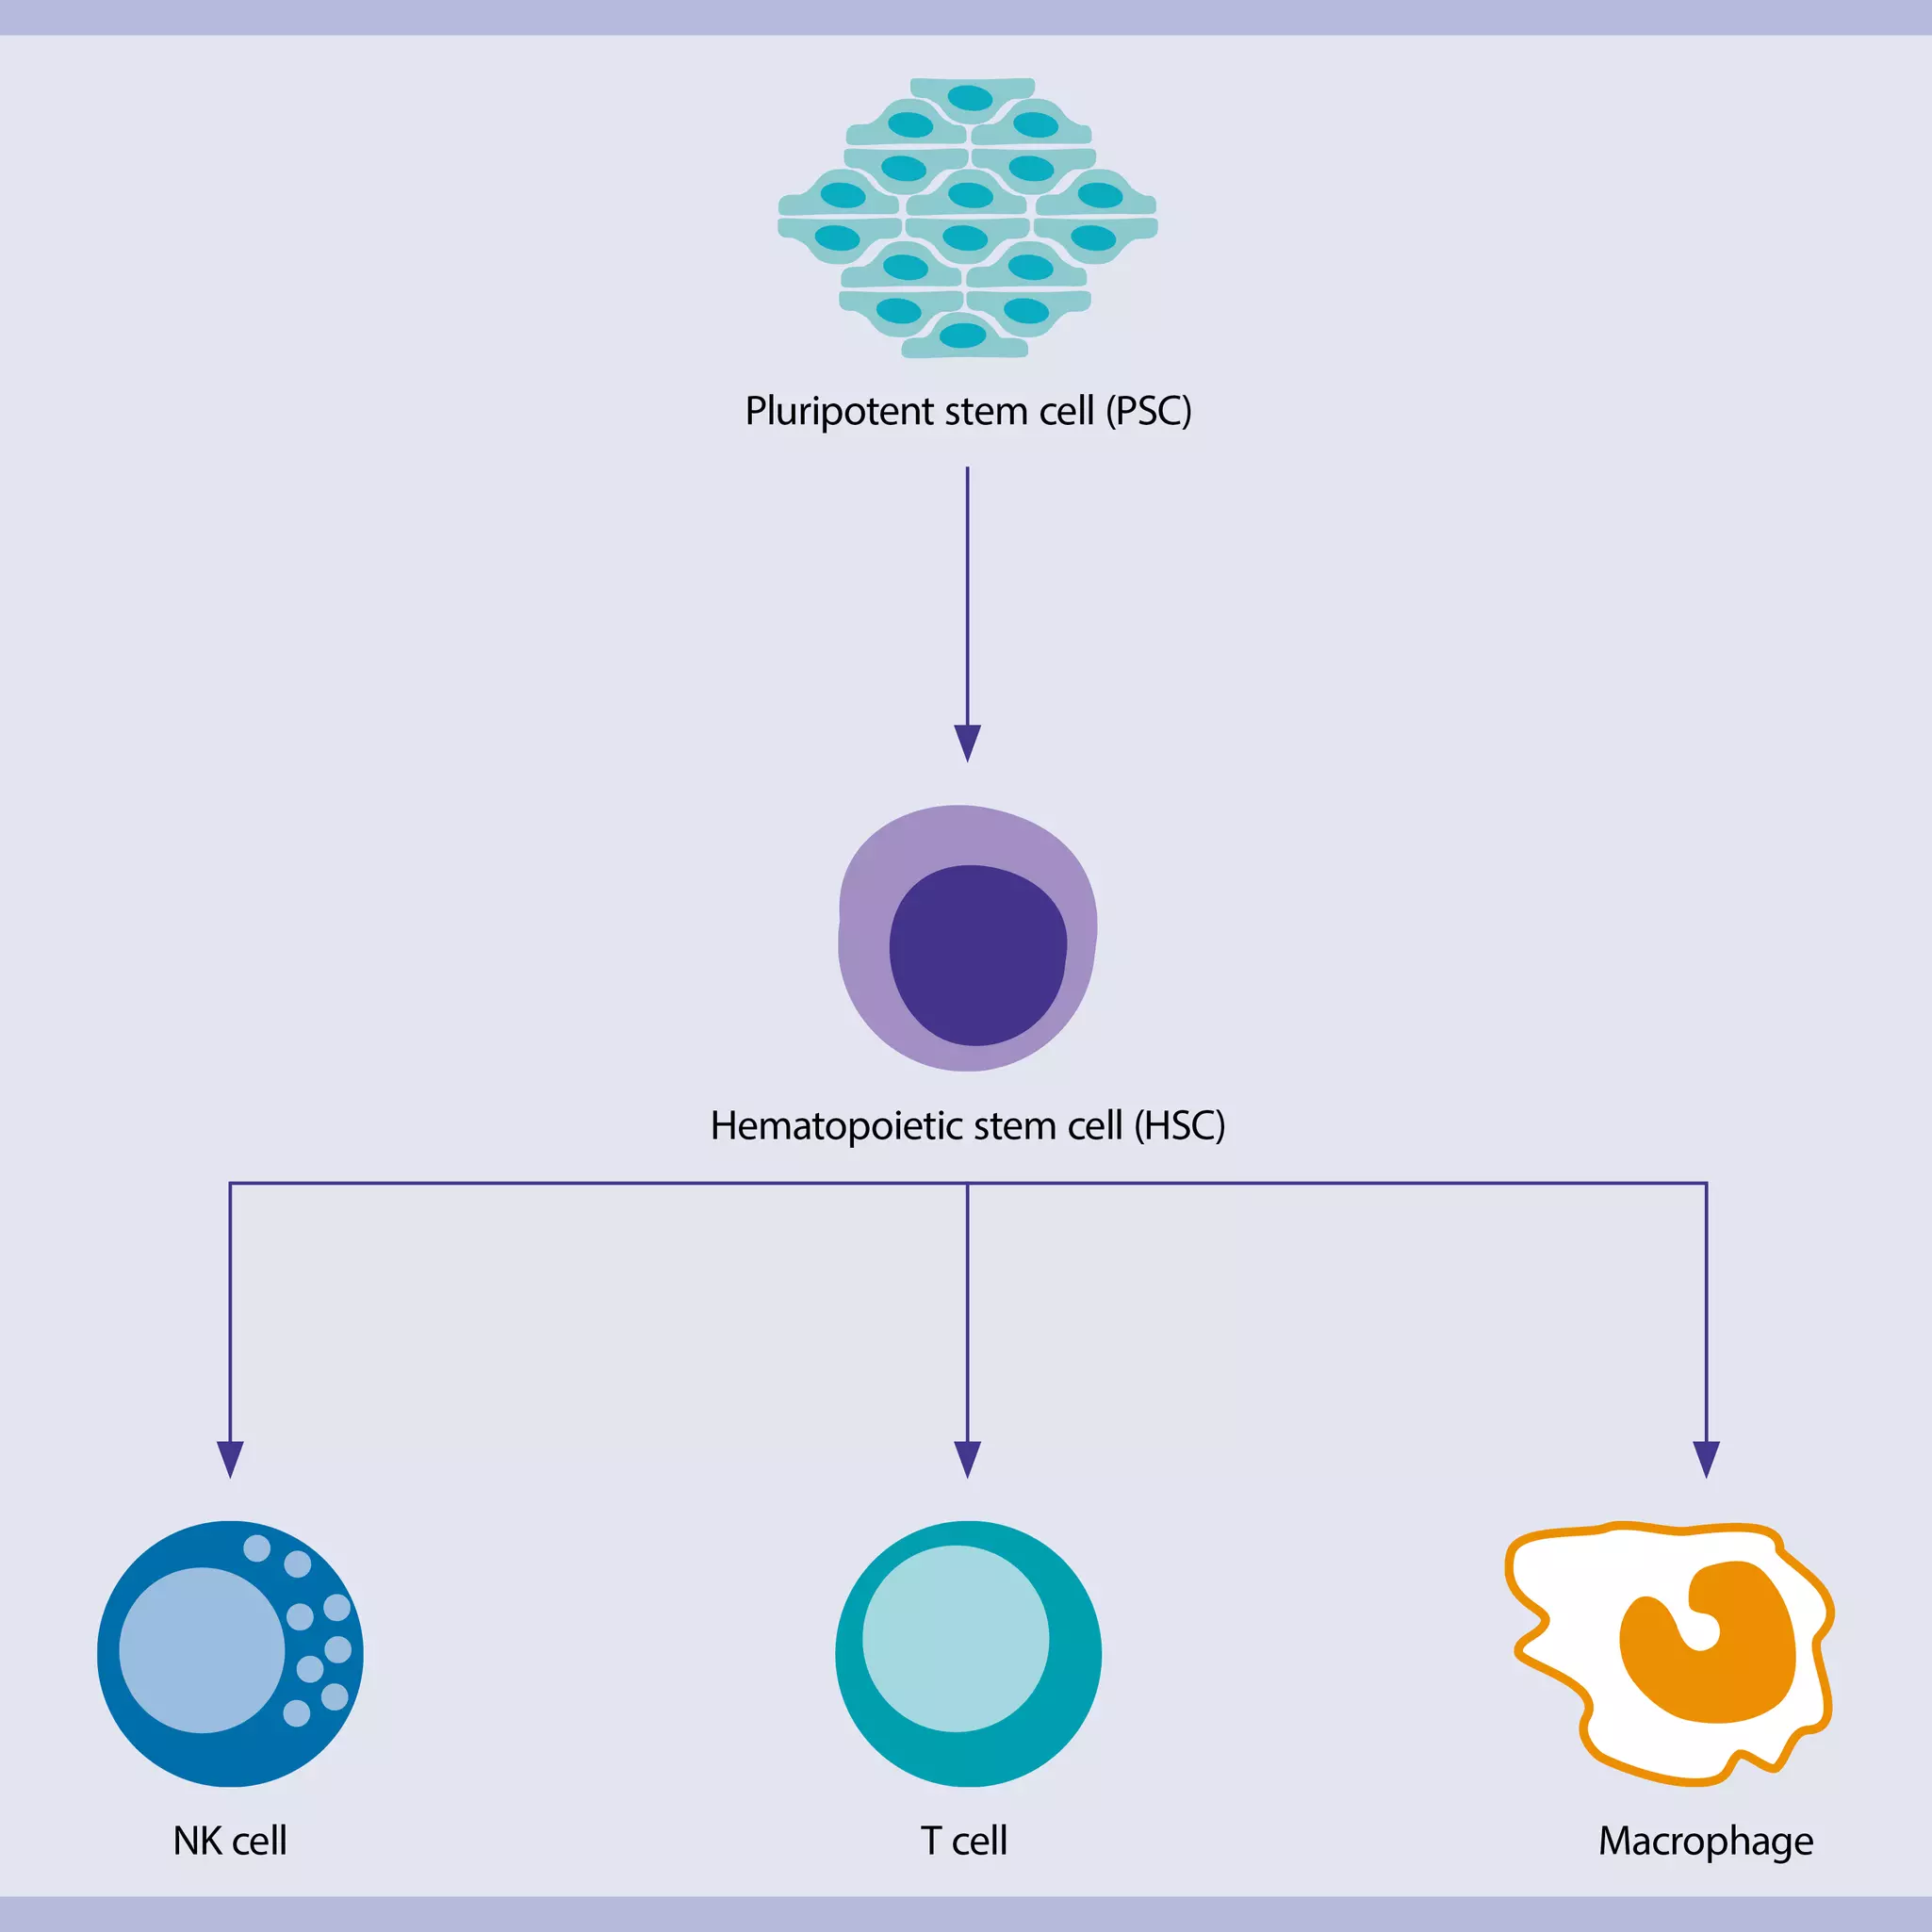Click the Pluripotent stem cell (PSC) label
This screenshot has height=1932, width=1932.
click(967, 411)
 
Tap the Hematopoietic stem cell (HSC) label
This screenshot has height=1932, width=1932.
click(967, 1126)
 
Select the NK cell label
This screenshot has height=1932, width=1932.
click(230, 1841)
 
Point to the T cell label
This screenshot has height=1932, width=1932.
click(964, 1841)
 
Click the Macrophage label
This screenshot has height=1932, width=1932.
click(1705, 1841)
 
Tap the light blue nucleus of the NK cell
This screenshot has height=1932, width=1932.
click(201, 1650)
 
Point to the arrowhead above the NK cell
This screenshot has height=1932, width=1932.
click(230, 1458)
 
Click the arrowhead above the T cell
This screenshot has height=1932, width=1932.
click(967, 1458)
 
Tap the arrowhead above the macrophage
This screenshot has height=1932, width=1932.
click(1706, 1458)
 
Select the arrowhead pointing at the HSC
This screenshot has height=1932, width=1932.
click(967, 742)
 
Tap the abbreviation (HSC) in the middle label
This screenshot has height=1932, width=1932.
click(1179, 1126)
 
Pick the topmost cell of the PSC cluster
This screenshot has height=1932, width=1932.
click(970, 97)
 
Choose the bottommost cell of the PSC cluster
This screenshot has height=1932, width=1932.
click(963, 336)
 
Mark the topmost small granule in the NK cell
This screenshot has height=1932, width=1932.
click(257, 1548)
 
